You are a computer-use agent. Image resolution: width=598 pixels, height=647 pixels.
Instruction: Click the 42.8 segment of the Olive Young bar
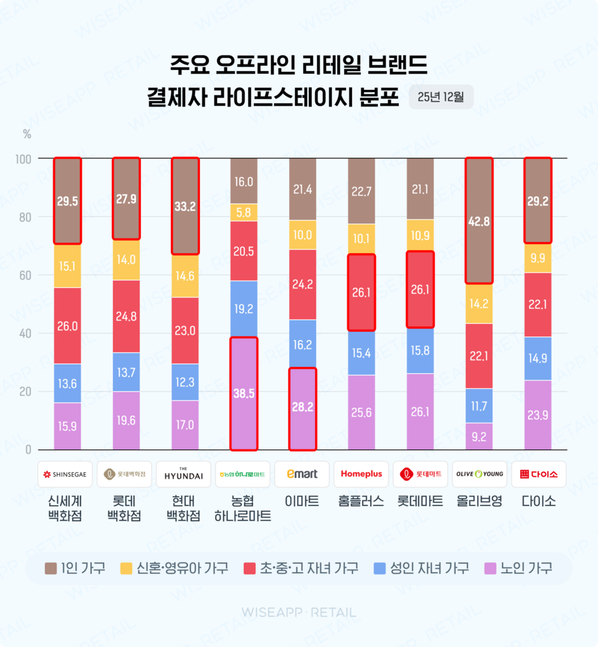pos(478,221)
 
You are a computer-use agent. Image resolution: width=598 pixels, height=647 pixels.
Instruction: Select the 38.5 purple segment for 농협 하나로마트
pos(243,393)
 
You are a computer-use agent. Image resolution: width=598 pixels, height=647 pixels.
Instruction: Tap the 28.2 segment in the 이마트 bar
pos(302,408)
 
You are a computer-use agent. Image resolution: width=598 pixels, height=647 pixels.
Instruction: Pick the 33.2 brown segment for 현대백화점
pos(185,206)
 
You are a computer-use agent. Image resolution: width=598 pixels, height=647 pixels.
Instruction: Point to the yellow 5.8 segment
pos(243,212)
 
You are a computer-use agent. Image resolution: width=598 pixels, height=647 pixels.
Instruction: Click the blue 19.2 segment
pos(243,309)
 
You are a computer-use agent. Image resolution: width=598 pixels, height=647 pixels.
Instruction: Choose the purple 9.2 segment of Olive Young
pos(478,436)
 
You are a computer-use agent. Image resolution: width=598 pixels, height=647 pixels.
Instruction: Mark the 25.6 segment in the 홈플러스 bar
pos(361,412)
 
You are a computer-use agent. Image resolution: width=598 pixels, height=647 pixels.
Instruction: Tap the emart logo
pos(302,474)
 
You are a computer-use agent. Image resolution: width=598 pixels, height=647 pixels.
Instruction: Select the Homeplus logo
pos(361,474)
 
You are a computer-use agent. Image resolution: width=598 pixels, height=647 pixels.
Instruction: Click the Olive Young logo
pos(478,474)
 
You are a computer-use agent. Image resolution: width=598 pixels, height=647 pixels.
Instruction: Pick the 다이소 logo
pos(538,474)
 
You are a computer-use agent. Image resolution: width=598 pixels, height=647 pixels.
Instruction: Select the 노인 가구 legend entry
pos(519,569)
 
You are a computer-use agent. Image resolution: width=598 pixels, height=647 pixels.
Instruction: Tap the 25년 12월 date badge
pos(441,96)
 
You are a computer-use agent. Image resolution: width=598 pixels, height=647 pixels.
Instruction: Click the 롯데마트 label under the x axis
pos(420,501)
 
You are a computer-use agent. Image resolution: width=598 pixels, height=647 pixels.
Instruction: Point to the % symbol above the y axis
pos(27,134)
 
